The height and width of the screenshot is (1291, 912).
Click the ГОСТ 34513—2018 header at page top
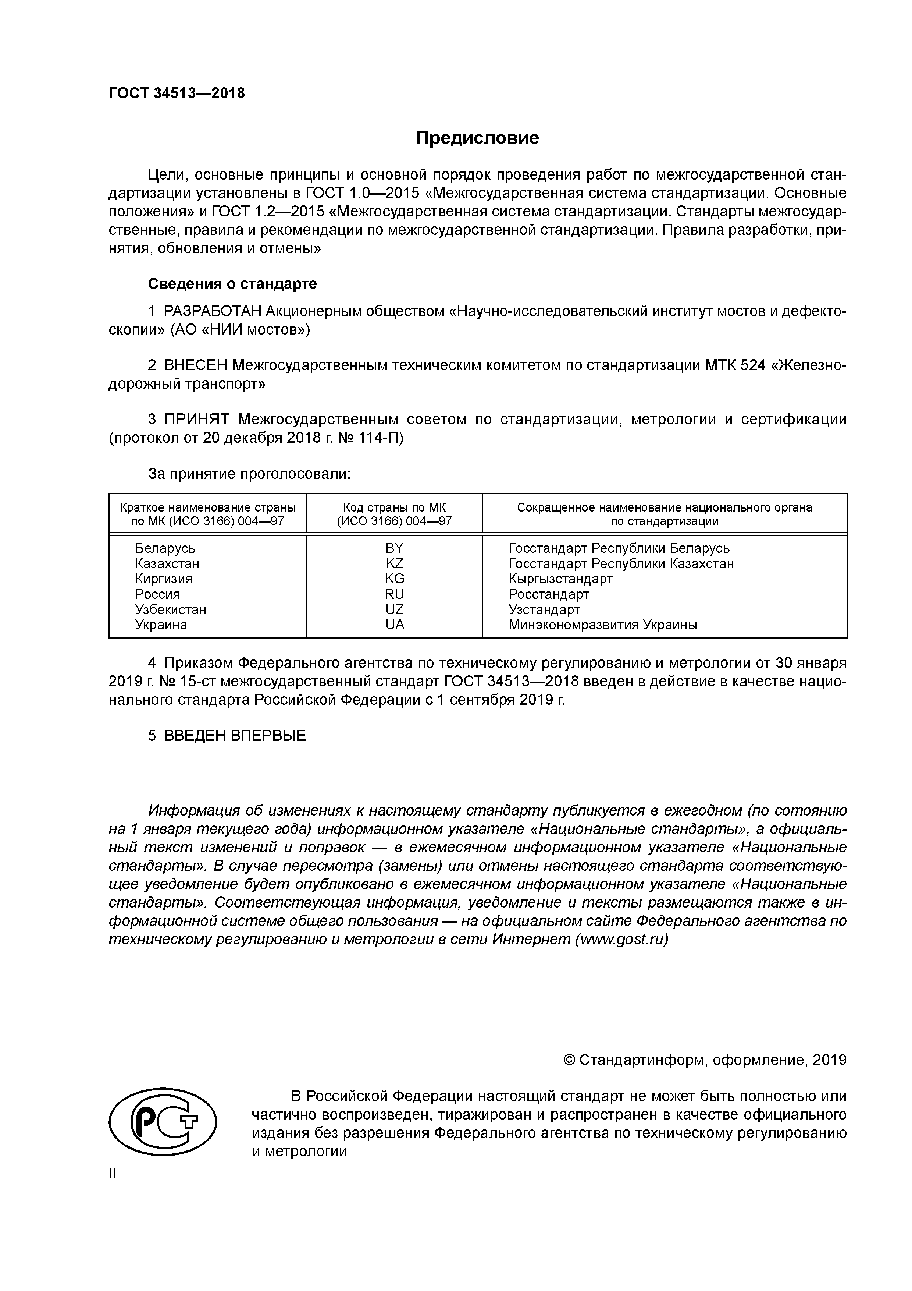click(x=177, y=93)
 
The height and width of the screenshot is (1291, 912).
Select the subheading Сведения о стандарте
click(x=232, y=284)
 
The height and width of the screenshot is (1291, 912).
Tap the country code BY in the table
click(x=395, y=548)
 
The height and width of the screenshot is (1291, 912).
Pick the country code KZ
click(x=395, y=563)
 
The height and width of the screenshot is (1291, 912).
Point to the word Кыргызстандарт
click(x=560, y=579)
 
